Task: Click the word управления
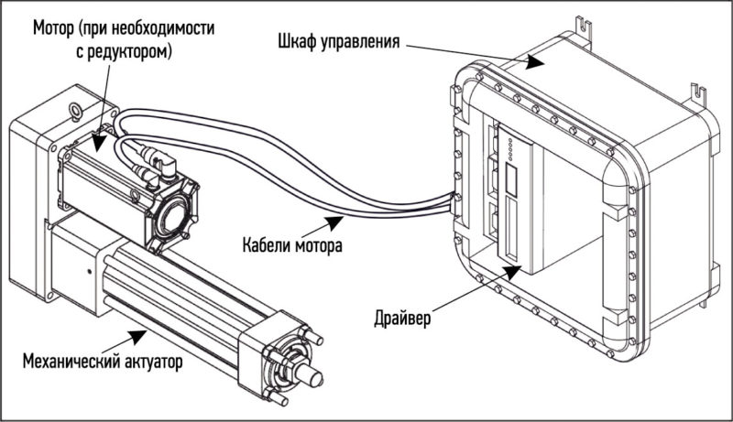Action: (360, 42)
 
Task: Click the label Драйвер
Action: (402, 319)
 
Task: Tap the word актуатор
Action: (153, 362)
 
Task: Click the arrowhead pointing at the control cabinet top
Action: (533, 61)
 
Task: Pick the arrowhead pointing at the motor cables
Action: (334, 222)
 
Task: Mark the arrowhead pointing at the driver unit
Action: (512, 272)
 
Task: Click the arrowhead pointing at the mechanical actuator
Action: (137, 336)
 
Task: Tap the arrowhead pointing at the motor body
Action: (98, 143)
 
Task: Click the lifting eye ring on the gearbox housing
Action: (74, 110)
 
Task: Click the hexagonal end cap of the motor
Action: (170, 217)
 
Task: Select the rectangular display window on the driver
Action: (510, 180)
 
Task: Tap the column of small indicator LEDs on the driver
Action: (510, 148)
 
